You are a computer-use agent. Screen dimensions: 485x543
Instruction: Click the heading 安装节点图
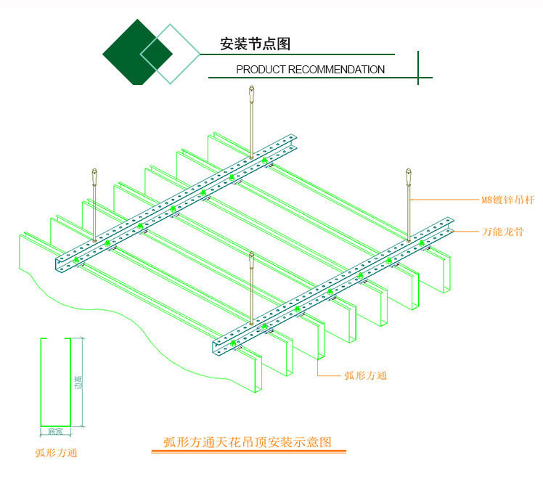(x=255, y=44)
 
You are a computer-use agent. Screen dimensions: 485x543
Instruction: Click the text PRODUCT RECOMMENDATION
(x=311, y=70)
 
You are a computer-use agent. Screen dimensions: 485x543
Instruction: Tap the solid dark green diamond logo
(x=136, y=52)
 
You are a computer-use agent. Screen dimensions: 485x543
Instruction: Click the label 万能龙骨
(x=503, y=232)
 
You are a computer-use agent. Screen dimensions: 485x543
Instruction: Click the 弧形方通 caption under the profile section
(x=56, y=453)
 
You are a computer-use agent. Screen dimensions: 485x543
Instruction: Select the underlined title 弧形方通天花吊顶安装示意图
(x=248, y=441)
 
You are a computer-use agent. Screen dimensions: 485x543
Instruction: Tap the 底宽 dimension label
(x=54, y=431)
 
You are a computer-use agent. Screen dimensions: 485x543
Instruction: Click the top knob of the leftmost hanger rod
(x=94, y=176)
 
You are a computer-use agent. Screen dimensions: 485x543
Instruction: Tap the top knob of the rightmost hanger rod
(x=408, y=176)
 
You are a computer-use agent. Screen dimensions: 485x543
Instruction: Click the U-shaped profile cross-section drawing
(x=54, y=381)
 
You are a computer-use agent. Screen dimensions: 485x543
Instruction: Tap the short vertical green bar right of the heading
(x=418, y=68)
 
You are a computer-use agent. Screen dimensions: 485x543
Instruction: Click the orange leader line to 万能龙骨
(x=465, y=232)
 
